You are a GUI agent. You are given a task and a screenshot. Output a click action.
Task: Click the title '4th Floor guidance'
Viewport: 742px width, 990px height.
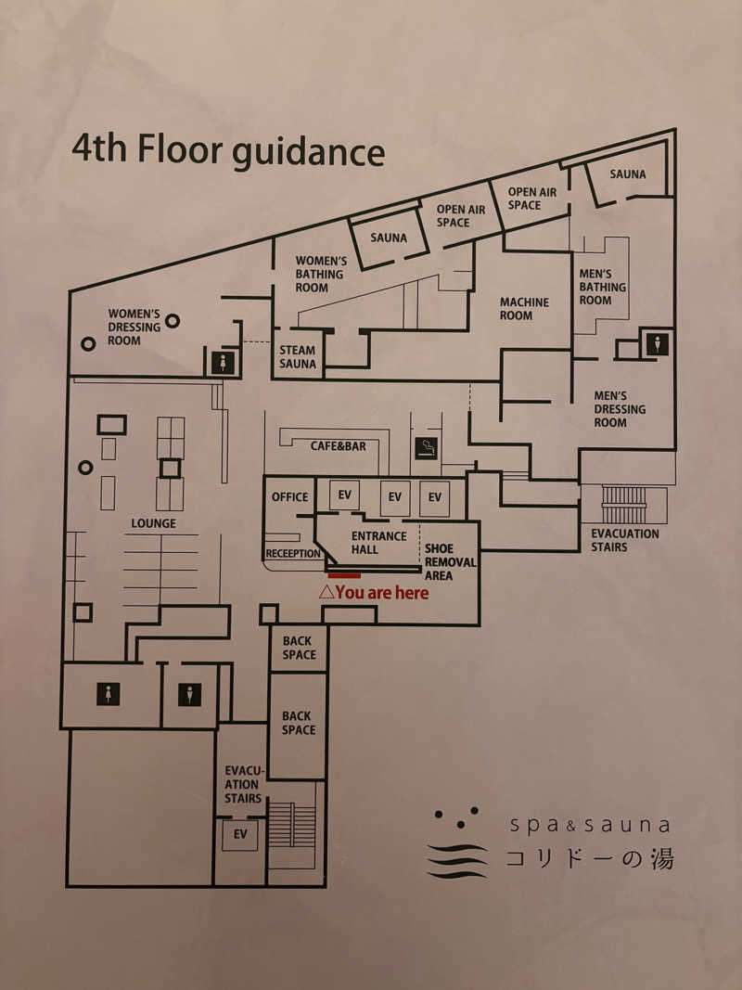coord(228,151)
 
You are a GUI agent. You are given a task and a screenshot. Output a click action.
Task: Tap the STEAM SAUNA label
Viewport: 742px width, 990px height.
coord(297,356)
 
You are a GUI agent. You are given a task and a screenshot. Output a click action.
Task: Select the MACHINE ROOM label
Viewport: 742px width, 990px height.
coord(524,309)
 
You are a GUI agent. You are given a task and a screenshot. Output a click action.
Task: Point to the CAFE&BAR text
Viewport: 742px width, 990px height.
coord(339,446)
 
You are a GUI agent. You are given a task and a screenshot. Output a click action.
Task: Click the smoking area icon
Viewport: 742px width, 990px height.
coord(426,447)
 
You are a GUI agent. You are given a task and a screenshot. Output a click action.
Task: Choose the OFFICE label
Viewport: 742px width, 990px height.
coord(290,497)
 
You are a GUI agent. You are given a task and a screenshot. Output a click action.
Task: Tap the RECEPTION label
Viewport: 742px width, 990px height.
coord(293,554)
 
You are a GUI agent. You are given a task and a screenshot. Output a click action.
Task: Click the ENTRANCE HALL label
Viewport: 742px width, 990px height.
coord(378,543)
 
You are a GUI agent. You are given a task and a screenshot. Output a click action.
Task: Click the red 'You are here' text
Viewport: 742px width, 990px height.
coord(374,592)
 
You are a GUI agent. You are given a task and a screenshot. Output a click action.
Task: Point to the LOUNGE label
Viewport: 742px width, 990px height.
coord(153,523)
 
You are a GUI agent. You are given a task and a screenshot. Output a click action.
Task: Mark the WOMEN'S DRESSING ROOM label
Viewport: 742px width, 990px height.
coord(134,327)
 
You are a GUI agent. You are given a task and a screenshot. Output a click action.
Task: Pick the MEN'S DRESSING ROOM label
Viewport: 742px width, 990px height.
coord(620,409)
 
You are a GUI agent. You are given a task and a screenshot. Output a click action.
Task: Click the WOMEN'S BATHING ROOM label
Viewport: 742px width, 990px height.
coord(320,274)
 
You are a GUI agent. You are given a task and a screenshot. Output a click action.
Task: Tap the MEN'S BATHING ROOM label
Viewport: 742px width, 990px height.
coord(603,287)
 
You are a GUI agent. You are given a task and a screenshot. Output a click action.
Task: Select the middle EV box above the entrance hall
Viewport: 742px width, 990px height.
coord(395,497)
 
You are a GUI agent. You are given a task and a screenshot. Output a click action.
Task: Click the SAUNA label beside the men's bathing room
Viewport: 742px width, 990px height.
coord(628,174)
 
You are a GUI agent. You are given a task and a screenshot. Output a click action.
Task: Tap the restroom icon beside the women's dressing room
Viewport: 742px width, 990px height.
coord(223,363)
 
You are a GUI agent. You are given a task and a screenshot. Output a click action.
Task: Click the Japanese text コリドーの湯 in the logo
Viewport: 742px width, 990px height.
coord(589,859)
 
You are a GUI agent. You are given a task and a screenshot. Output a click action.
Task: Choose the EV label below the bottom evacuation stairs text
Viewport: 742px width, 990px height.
coord(240,834)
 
